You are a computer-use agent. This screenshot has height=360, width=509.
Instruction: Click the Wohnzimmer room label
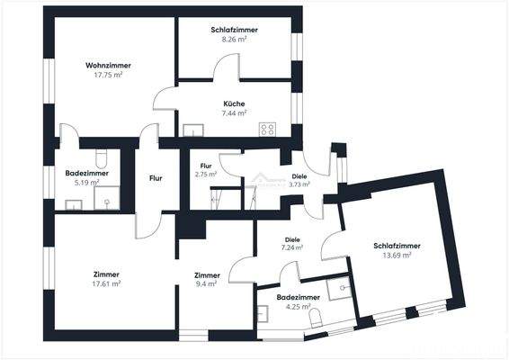point(108,66)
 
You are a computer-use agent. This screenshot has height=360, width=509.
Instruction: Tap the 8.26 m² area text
point(234,40)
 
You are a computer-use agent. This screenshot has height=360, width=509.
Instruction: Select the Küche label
point(234,103)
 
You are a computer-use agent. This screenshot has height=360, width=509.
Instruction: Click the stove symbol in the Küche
point(267,129)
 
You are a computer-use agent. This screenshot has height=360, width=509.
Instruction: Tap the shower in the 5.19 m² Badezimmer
point(107,197)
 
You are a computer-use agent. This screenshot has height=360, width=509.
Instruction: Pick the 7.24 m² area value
point(290,247)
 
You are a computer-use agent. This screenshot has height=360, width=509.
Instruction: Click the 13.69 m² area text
point(397,256)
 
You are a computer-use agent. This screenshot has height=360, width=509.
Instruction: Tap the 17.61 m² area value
point(107,283)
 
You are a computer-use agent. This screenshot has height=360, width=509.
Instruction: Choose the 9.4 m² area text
point(207,284)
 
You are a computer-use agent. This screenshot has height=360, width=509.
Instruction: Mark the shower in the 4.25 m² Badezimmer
point(339,288)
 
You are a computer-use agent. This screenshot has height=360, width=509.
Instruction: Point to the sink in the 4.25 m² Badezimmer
point(263,314)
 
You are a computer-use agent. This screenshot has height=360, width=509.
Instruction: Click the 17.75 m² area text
point(108,75)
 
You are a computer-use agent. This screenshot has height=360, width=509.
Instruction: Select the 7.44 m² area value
point(234,113)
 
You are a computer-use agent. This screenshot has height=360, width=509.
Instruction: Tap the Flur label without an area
point(156,178)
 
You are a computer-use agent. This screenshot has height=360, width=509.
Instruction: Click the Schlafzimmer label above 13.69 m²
point(397,246)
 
